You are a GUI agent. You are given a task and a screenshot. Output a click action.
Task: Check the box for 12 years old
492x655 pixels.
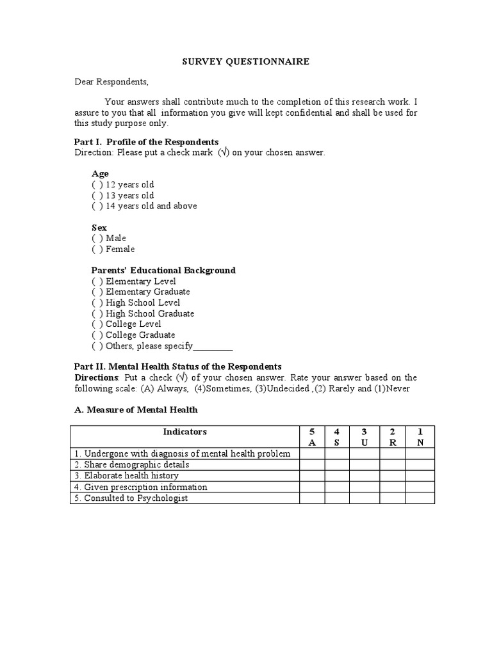pyautogui.click(x=97, y=185)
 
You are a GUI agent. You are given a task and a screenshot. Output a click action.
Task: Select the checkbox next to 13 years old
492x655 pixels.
pyautogui.click(x=97, y=196)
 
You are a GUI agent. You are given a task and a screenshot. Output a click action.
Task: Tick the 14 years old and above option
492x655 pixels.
pyautogui.click(x=97, y=206)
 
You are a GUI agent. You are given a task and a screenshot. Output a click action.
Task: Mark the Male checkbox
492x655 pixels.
pyautogui.click(x=97, y=239)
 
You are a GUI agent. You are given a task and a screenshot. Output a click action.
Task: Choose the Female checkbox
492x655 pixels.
pyautogui.click(x=97, y=249)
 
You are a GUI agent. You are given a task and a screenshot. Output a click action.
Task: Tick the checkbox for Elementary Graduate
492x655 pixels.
pyautogui.click(x=97, y=292)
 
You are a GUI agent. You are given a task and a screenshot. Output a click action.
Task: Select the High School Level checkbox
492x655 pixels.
pyautogui.click(x=97, y=303)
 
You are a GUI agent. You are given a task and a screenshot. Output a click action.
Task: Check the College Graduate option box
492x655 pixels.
pyautogui.click(x=97, y=335)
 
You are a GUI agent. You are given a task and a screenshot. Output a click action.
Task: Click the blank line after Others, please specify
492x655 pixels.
pyautogui.click(x=213, y=347)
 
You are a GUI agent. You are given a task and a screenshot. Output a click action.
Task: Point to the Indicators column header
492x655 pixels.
pyautogui.click(x=184, y=432)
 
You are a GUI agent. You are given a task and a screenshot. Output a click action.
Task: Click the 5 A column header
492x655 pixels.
pyautogui.click(x=312, y=437)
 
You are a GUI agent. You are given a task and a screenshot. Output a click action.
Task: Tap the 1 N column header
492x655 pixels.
pyautogui.click(x=420, y=437)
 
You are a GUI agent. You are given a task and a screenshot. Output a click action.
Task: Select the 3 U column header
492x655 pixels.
pyautogui.click(x=364, y=437)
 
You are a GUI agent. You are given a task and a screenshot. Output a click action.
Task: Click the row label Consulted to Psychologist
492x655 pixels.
pyautogui.click(x=131, y=498)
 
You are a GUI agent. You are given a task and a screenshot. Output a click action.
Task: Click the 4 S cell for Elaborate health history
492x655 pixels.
pyautogui.click(x=337, y=476)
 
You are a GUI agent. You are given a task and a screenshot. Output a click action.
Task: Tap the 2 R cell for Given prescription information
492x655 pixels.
pyautogui.click(x=393, y=487)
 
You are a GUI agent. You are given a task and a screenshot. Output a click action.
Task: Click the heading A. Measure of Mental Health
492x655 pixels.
pyautogui.click(x=136, y=410)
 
